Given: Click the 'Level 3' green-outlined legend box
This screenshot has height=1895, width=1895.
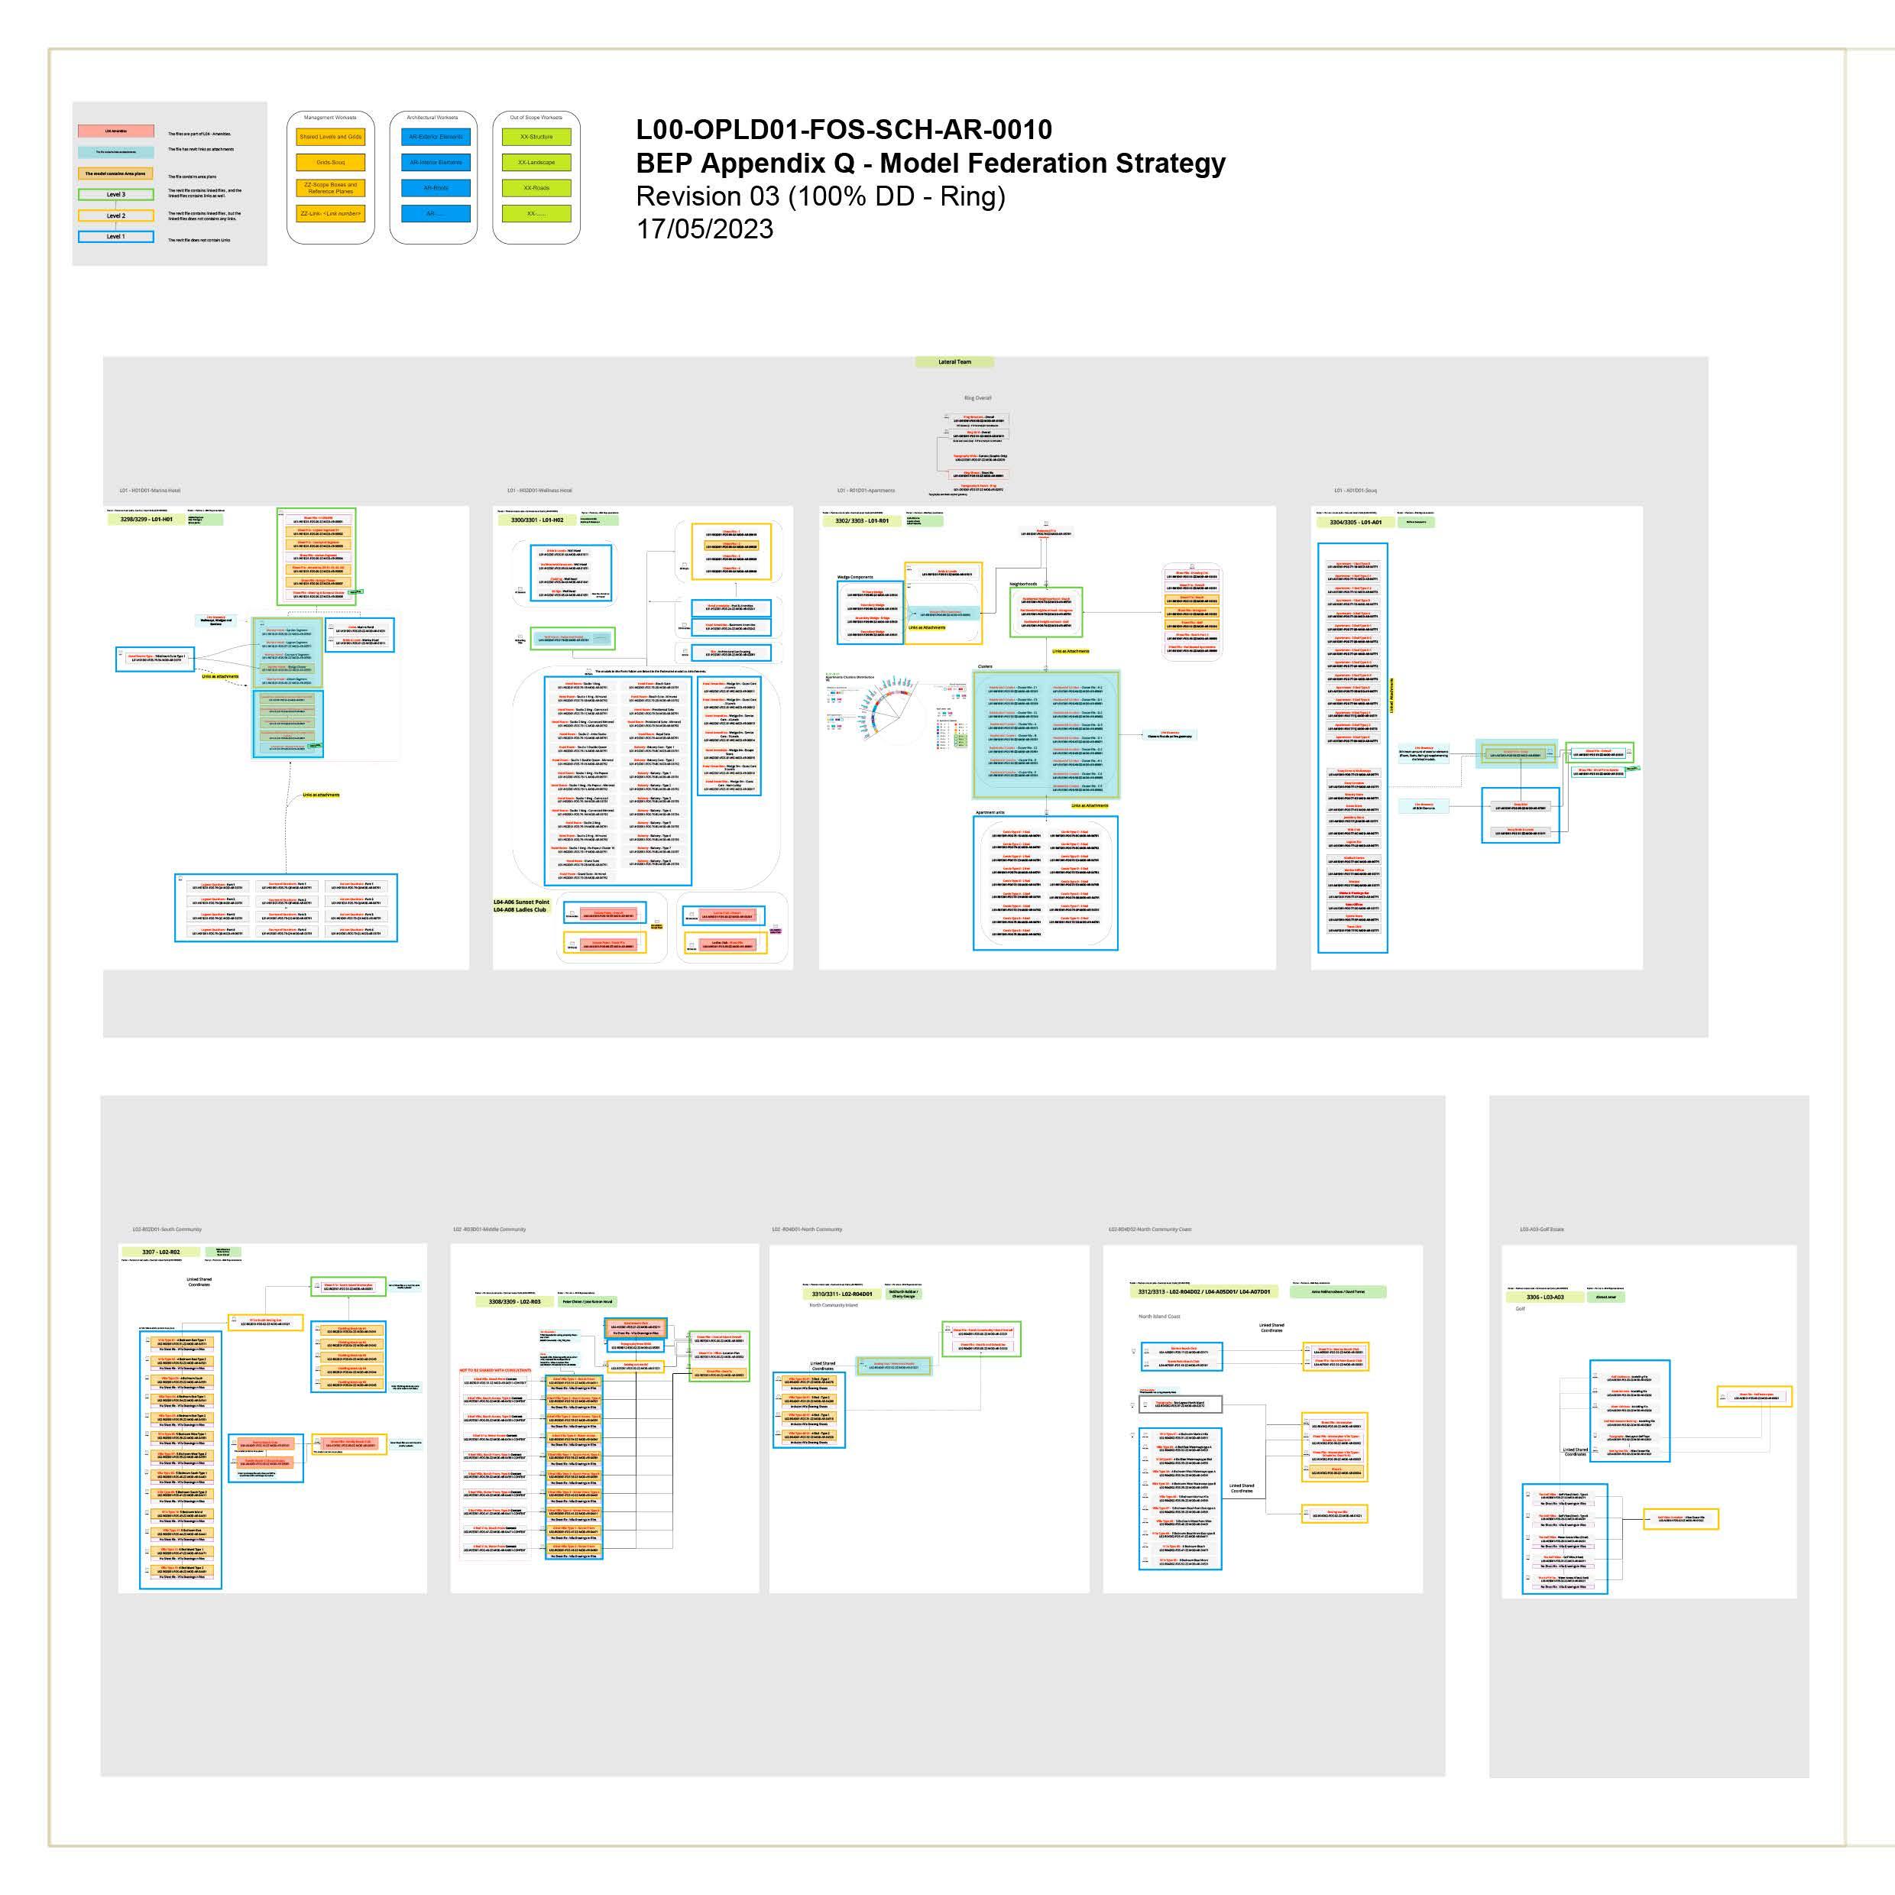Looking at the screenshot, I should pos(115,194).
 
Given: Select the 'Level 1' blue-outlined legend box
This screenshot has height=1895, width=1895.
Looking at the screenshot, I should pos(115,236).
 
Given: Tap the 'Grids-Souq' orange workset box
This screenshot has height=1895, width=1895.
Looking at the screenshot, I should pos(331,162).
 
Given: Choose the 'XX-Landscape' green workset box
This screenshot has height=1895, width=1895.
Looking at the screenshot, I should pos(536,162).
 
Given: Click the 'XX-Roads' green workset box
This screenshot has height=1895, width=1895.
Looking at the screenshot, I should pos(536,187).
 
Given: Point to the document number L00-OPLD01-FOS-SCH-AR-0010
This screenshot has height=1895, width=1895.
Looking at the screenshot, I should pos(844,129).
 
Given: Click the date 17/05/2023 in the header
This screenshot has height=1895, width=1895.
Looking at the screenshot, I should pos(705,228).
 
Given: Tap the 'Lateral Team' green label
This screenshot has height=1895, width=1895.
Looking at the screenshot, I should pos(954,362).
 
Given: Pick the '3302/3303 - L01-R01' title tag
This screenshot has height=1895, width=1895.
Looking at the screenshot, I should pos(861,521).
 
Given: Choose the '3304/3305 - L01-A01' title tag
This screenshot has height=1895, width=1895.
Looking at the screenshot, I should pos(1356,522).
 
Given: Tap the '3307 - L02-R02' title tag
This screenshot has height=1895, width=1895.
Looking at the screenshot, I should pos(161,1252).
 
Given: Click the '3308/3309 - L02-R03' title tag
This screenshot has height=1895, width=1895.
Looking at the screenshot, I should pos(515,1301).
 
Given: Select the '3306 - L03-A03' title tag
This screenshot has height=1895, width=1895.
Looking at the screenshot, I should pos(1545,1297).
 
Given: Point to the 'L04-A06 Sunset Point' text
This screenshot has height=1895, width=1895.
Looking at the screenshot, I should pos(521,902).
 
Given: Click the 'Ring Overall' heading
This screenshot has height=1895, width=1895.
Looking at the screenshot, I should pos(977,398).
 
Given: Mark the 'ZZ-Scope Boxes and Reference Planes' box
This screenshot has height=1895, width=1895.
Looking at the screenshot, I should pos(331,187).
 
